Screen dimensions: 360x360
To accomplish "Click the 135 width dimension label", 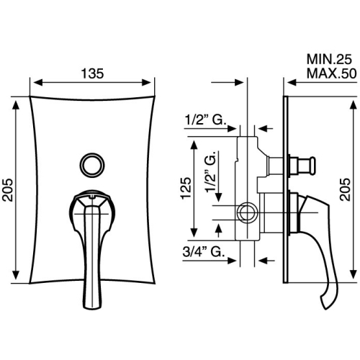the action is [x=92, y=73].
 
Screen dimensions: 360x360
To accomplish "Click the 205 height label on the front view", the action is [x=8, y=190].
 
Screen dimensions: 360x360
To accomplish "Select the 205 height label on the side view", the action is [x=345, y=189].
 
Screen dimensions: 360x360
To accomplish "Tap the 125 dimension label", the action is [x=186, y=188].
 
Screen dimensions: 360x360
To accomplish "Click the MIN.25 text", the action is [x=329, y=59].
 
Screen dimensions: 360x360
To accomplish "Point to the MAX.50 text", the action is [x=331, y=73].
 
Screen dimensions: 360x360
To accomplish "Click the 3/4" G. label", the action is [x=204, y=252].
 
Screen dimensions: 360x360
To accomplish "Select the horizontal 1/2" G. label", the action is [x=206, y=120].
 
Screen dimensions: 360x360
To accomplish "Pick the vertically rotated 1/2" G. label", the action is [x=211, y=171].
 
